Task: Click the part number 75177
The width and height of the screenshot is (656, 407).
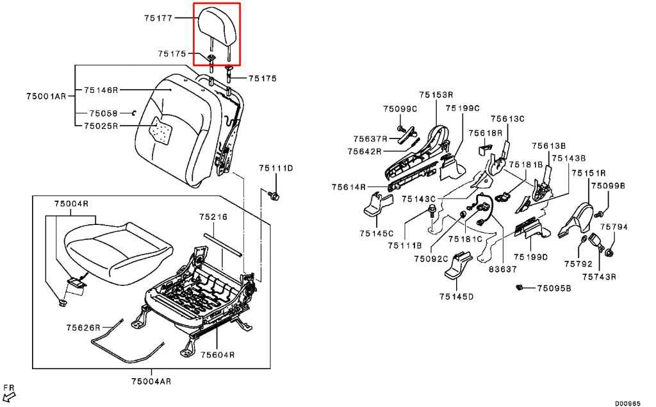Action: click(x=158, y=18)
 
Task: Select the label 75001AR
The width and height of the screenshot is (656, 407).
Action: click(x=46, y=96)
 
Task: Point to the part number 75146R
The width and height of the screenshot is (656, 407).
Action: click(x=101, y=90)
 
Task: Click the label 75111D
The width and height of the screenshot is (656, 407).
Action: click(x=275, y=168)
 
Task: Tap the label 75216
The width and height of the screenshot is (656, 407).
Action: click(x=213, y=217)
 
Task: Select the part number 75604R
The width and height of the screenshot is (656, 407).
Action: click(x=218, y=354)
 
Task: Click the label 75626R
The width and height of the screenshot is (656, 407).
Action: click(x=83, y=328)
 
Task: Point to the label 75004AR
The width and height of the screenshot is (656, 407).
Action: click(x=151, y=381)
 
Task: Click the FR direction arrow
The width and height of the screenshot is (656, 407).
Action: click(x=9, y=395)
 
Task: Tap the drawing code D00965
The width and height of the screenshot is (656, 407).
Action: click(x=628, y=403)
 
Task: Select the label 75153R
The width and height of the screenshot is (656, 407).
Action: click(x=436, y=95)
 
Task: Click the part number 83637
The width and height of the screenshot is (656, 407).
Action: click(x=503, y=269)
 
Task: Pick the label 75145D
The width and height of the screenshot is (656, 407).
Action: click(x=456, y=297)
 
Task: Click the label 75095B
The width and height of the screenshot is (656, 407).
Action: click(x=554, y=288)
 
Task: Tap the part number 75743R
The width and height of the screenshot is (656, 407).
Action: click(x=599, y=277)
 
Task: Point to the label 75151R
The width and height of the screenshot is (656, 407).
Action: click(x=589, y=172)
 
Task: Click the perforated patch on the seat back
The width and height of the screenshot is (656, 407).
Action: click(x=163, y=131)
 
